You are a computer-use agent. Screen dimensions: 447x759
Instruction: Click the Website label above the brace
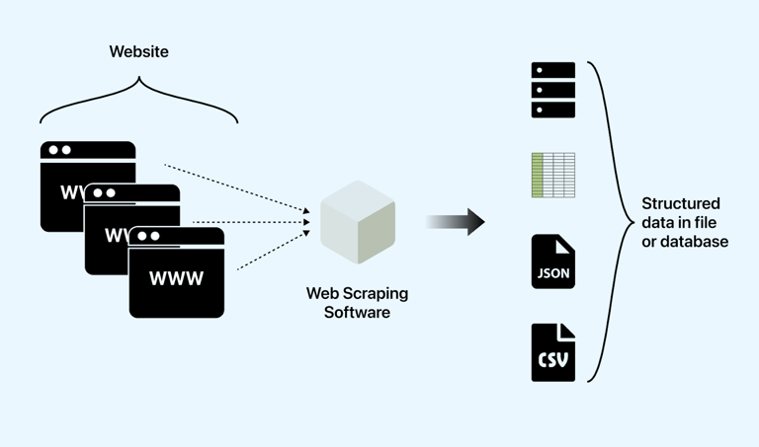click(138, 51)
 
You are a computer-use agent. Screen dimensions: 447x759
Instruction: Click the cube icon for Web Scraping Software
click(358, 222)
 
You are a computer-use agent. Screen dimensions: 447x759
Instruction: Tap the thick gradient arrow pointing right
click(456, 222)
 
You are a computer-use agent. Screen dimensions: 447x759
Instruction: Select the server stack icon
click(553, 90)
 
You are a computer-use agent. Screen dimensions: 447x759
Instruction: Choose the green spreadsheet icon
click(553, 175)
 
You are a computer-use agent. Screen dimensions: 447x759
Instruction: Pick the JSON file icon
click(553, 261)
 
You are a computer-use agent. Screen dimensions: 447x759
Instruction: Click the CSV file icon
click(553, 352)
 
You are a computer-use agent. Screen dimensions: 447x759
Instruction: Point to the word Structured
click(681, 204)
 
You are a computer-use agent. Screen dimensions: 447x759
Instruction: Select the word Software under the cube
click(357, 313)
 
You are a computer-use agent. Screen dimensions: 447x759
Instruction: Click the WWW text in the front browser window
click(176, 278)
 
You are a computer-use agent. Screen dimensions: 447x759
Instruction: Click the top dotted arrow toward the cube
click(237, 187)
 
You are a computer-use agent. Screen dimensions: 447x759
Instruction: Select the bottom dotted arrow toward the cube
click(272, 252)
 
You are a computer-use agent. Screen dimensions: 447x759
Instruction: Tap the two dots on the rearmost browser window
click(60, 150)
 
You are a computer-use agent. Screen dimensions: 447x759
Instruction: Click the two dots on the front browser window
click(148, 236)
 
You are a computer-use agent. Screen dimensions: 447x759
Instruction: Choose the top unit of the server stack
click(553, 71)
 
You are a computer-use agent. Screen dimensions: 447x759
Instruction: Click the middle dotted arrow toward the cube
click(252, 222)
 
